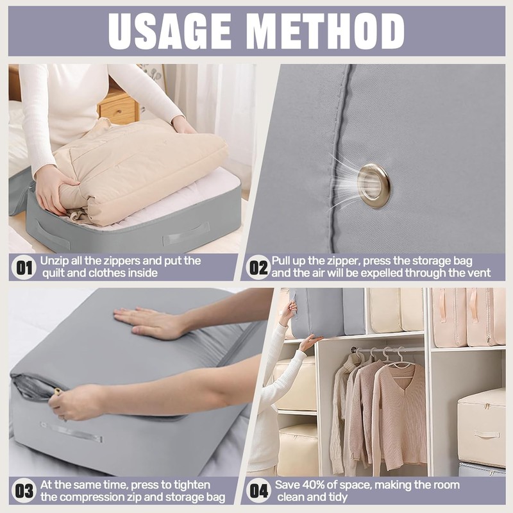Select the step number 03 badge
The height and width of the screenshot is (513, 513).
pyautogui.click(x=24, y=491)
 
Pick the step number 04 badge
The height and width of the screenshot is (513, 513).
pyautogui.click(x=258, y=491)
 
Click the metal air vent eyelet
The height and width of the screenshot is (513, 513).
pyautogui.click(x=373, y=185)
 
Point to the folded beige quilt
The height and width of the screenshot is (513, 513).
pyautogui.click(x=144, y=167)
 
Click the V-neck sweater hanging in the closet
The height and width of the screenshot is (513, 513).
pyautogui.click(x=399, y=410)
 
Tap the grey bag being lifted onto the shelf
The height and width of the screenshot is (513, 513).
pyautogui.click(x=317, y=312)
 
